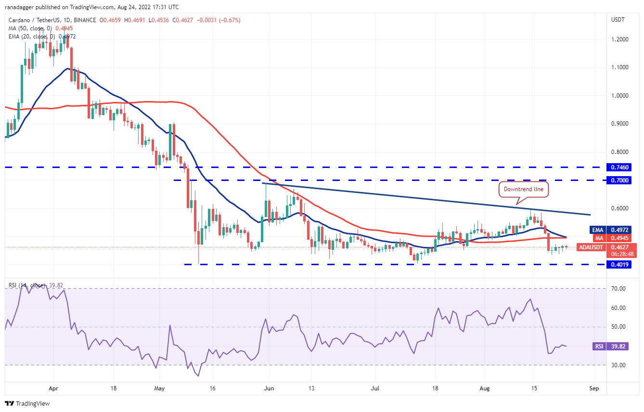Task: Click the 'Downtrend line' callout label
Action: [x=523, y=189]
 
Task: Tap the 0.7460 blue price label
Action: [x=619, y=167]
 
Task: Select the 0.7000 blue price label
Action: [x=619, y=180]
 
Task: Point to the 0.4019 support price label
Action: [x=619, y=264]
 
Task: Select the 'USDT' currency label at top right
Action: [x=618, y=20]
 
